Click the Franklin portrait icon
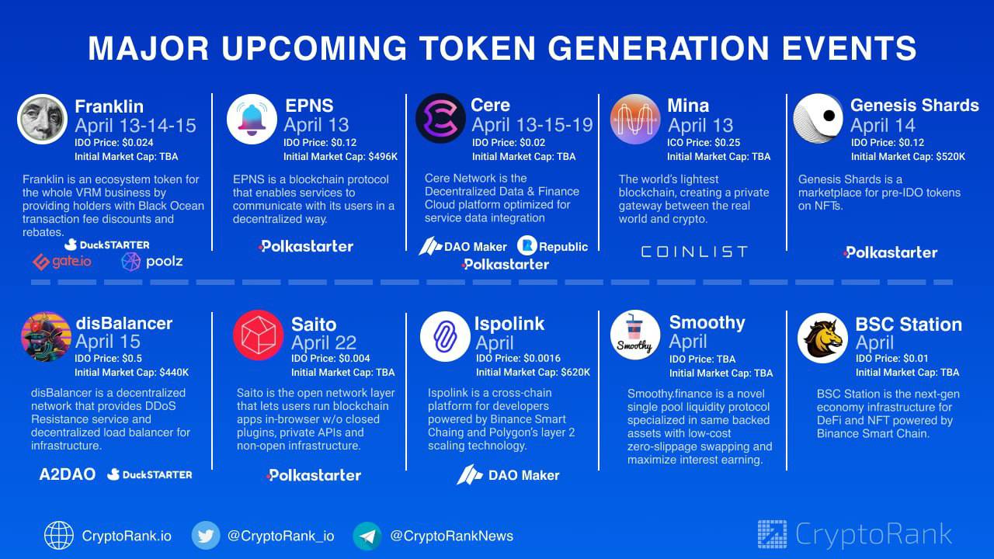[42, 119]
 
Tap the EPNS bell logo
[252, 119]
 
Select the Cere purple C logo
[440, 118]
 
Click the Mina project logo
[635, 119]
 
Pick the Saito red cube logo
[259, 335]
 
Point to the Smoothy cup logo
[635, 335]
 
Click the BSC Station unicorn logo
[822, 338]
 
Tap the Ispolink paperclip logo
[445, 336]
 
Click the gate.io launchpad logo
[62, 262]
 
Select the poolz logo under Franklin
[151, 262]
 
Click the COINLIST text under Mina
[694, 252]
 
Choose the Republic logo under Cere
[552, 246]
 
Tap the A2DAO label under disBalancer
[67, 474]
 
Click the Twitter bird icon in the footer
[206, 536]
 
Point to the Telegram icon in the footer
[367, 536]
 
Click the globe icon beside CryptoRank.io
[58, 536]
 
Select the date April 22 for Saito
[324, 343]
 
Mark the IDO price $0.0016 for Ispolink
[542, 358]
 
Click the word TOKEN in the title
[478, 48]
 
